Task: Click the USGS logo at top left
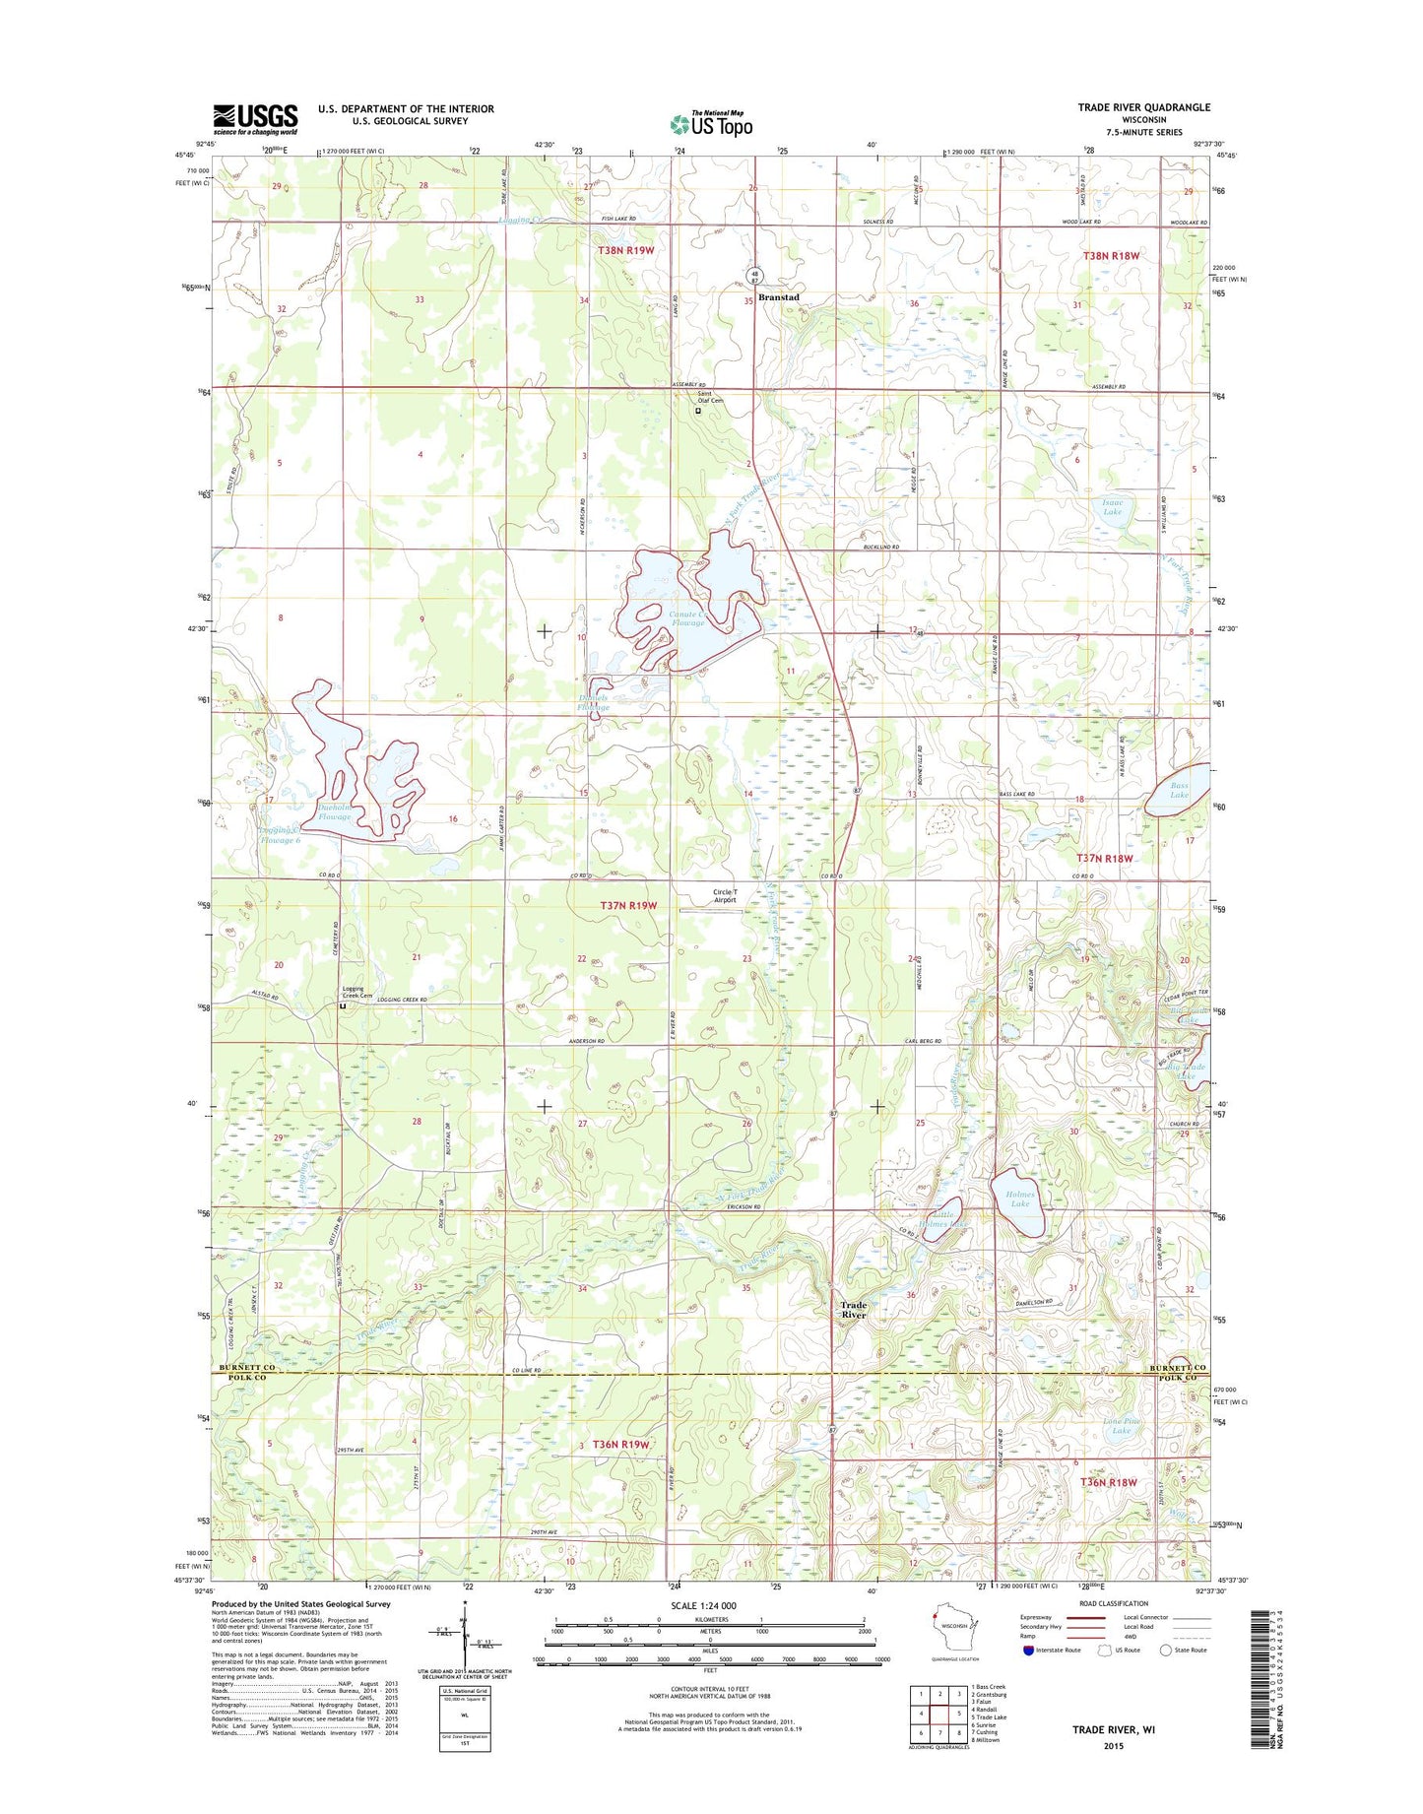click(x=255, y=119)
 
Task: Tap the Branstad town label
click(x=778, y=297)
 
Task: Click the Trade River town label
click(x=853, y=1310)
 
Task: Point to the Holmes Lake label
click(x=1019, y=1199)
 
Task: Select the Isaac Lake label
click(x=1112, y=507)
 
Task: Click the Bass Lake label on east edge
click(x=1179, y=790)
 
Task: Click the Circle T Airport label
click(x=725, y=896)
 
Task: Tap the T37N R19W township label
click(x=627, y=905)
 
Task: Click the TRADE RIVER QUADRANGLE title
click(x=1143, y=107)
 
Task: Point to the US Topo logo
click(x=711, y=124)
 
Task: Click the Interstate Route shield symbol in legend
click(x=1028, y=1651)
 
